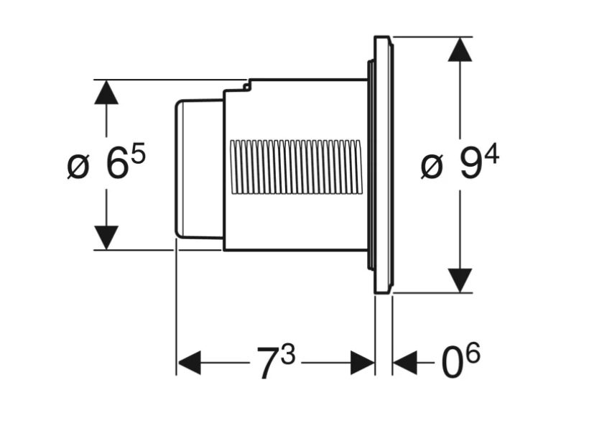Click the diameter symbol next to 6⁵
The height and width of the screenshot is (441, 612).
(78, 167)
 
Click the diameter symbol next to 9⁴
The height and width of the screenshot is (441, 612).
(432, 167)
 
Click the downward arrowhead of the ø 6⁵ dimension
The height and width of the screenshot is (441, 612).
(106, 237)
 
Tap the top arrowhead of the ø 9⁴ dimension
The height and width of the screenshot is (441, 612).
(460, 50)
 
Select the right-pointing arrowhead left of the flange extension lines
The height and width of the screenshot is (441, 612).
(362, 363)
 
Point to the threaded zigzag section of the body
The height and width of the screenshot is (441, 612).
(295, 167)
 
